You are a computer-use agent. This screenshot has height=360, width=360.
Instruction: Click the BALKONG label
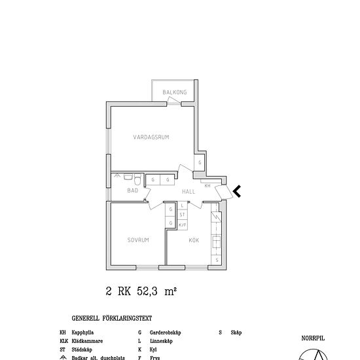(x=175, y=93)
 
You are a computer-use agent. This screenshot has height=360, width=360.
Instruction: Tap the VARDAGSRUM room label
(x=151, y=137)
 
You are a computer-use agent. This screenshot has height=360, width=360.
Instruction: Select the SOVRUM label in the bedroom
(x=138, y=240)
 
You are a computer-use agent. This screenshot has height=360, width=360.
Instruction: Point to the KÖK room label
(x=194, y=240)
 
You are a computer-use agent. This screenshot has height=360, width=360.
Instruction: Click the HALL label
(x=189, y=192)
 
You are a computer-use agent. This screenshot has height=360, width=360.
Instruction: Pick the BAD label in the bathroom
(x=133, y=190)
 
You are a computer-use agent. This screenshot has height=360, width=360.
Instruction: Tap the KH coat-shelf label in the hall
(x=207, y=186)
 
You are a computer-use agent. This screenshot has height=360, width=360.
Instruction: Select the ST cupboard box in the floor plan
(x=183, y=214)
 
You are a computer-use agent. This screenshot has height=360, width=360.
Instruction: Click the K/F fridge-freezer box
(x=183, y=224)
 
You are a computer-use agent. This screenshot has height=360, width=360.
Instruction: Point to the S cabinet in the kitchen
(x=217, y=259)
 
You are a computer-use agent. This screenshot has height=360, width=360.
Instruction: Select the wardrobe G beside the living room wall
(x=200, y=162)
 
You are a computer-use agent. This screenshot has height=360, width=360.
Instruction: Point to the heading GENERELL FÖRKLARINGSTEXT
(x=112, y=319)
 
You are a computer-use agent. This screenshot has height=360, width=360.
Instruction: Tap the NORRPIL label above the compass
(x=313, y=338)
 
